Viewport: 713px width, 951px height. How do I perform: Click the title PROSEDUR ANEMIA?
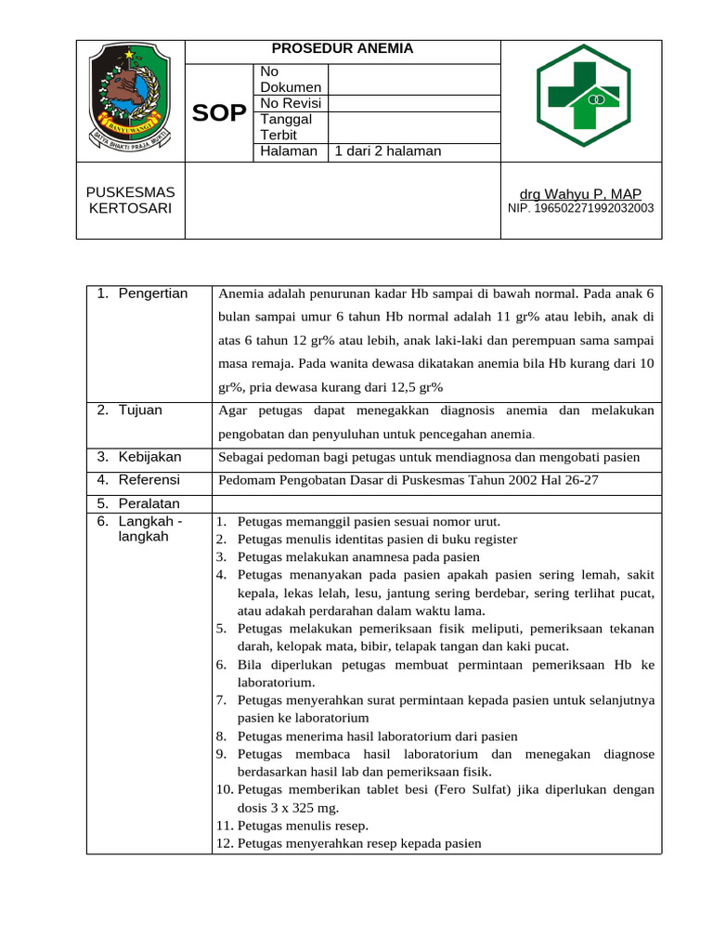tap(343, 49)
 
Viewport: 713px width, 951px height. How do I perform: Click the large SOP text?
tap(219, 113)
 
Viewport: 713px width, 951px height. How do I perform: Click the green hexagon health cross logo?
tap(581, 95)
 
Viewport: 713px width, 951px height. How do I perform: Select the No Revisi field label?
tap(287, 103)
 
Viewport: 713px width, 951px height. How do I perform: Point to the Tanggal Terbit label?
tap(287, 126)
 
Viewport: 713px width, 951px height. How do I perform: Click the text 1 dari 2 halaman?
tap(388, 151)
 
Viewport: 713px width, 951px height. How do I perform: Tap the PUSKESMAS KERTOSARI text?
tap(130, 200)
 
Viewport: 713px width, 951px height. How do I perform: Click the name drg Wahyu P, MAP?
tap(580, 193)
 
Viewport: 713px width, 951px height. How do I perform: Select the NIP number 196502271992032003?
tap(580, 208)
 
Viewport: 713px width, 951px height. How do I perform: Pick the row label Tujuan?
tap(140, 410)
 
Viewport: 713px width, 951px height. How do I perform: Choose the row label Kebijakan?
tap(149, 457)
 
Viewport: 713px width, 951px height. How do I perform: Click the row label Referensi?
tap(149, 480)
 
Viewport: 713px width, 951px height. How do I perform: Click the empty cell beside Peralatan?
tap(436, 503)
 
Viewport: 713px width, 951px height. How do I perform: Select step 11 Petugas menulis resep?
tap(303, 825)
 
